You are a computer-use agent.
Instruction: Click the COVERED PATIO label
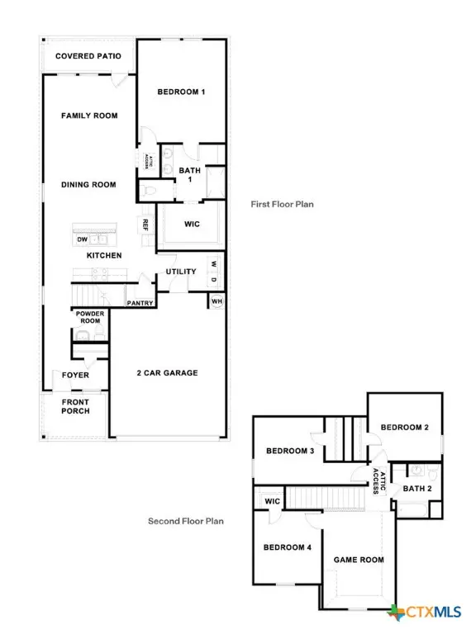coord(88,56)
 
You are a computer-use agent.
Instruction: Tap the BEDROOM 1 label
coord(181,92)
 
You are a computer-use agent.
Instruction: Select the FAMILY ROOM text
coord(89,116)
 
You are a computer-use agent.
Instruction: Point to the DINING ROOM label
coord(88,185)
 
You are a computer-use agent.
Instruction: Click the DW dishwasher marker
coord(82,239)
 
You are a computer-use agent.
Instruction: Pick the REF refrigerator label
coord(145,224)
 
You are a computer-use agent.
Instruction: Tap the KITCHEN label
coord(104,256)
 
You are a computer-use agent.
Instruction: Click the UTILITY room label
coord(181,272)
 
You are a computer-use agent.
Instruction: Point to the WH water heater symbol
coord(217,300)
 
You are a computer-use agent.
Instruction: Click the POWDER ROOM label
coord(89,318)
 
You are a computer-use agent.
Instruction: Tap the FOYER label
coord(76,376)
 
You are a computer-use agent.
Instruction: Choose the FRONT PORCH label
coord(76,406)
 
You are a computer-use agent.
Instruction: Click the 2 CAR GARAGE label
coord(167,373)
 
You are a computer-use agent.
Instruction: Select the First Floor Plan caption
coord(283,203)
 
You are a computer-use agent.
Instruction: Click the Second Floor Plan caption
coord(186,521)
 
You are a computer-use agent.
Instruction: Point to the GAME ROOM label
coord(359,560)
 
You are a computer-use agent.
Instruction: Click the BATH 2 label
coord(417,489)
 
